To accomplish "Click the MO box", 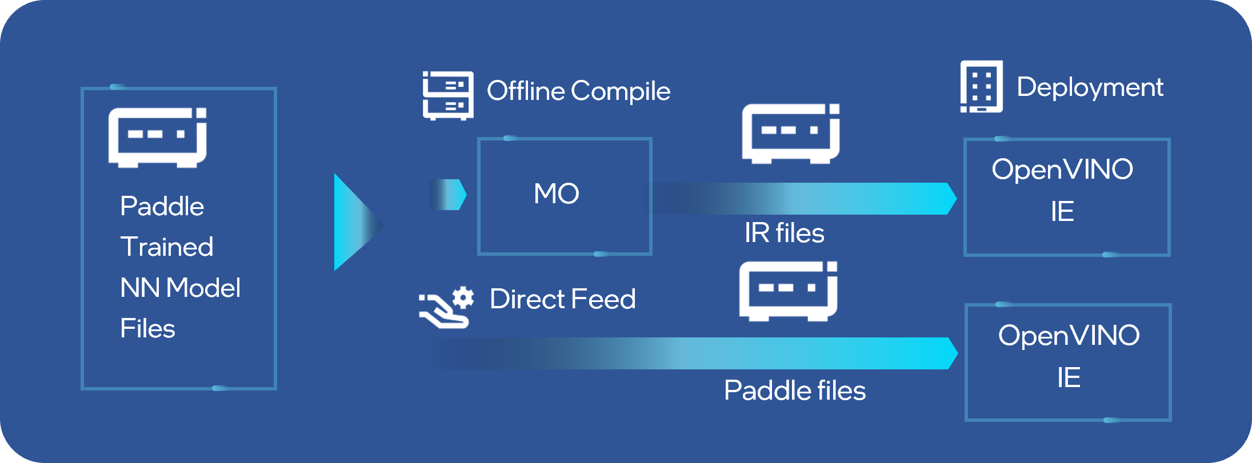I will coord(565,196).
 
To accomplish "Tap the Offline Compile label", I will coord(578,91).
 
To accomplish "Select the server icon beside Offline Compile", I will coord(448,95).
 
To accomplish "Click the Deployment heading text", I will coord(1090,87).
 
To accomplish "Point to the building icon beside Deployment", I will coord(981,87).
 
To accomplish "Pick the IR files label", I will coord(784,233).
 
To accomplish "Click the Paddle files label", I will coord(794,390).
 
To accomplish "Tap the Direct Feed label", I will coord(562,299).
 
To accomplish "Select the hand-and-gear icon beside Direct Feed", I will coord(446,307).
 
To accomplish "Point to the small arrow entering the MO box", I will coord(449,195).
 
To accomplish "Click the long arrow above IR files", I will coord(803,199).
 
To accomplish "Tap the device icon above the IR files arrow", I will coord(791,134).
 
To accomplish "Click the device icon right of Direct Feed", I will coord(788,291).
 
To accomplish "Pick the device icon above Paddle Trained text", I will coord(158,138).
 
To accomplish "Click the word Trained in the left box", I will coord(167,247).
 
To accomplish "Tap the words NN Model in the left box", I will coord(180,288).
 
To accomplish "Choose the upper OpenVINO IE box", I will coord(1066,197).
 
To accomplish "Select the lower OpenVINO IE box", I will coord(1067,363).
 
